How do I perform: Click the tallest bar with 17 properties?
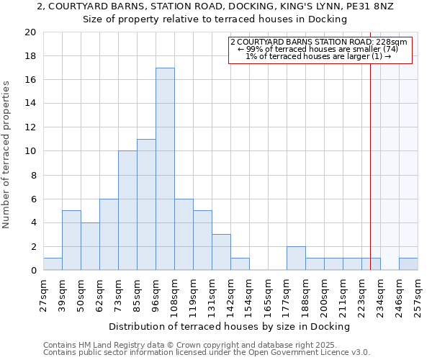[165, 169]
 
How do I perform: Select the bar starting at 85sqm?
[146, 204]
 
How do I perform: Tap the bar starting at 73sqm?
[127, 210]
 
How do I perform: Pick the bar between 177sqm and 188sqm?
[296, 258]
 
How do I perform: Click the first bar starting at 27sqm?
[53, 264]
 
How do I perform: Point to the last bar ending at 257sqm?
[408, 264]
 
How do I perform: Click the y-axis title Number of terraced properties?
[7, 154]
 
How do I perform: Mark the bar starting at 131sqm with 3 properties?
[221, 252]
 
